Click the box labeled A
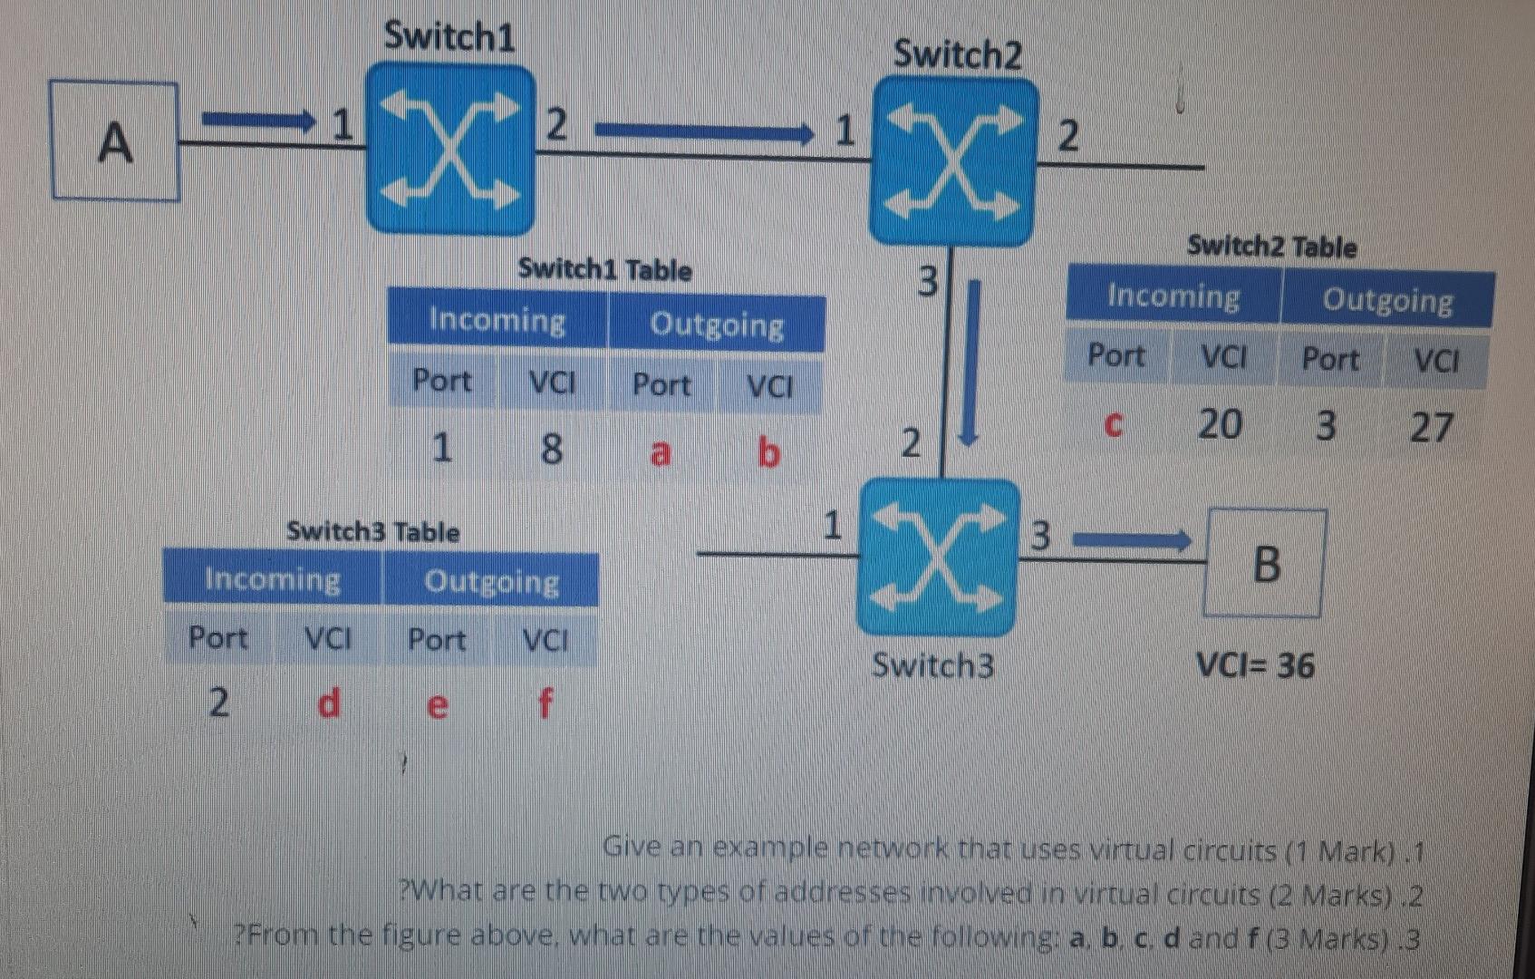115,141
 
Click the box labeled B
1265,564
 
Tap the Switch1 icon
450,148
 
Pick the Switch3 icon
938,557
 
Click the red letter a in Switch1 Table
661,451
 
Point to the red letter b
768,451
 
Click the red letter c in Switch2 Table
1114,423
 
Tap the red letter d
329,703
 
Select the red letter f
545,703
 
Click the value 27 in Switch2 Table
1432,427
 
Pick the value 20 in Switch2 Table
1220,423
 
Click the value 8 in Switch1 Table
551,448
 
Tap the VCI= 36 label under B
1255,666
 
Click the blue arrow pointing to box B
1133,542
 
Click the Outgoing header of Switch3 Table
491,581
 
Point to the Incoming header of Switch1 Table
497,320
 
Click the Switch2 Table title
1271,247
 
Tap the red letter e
437,704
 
